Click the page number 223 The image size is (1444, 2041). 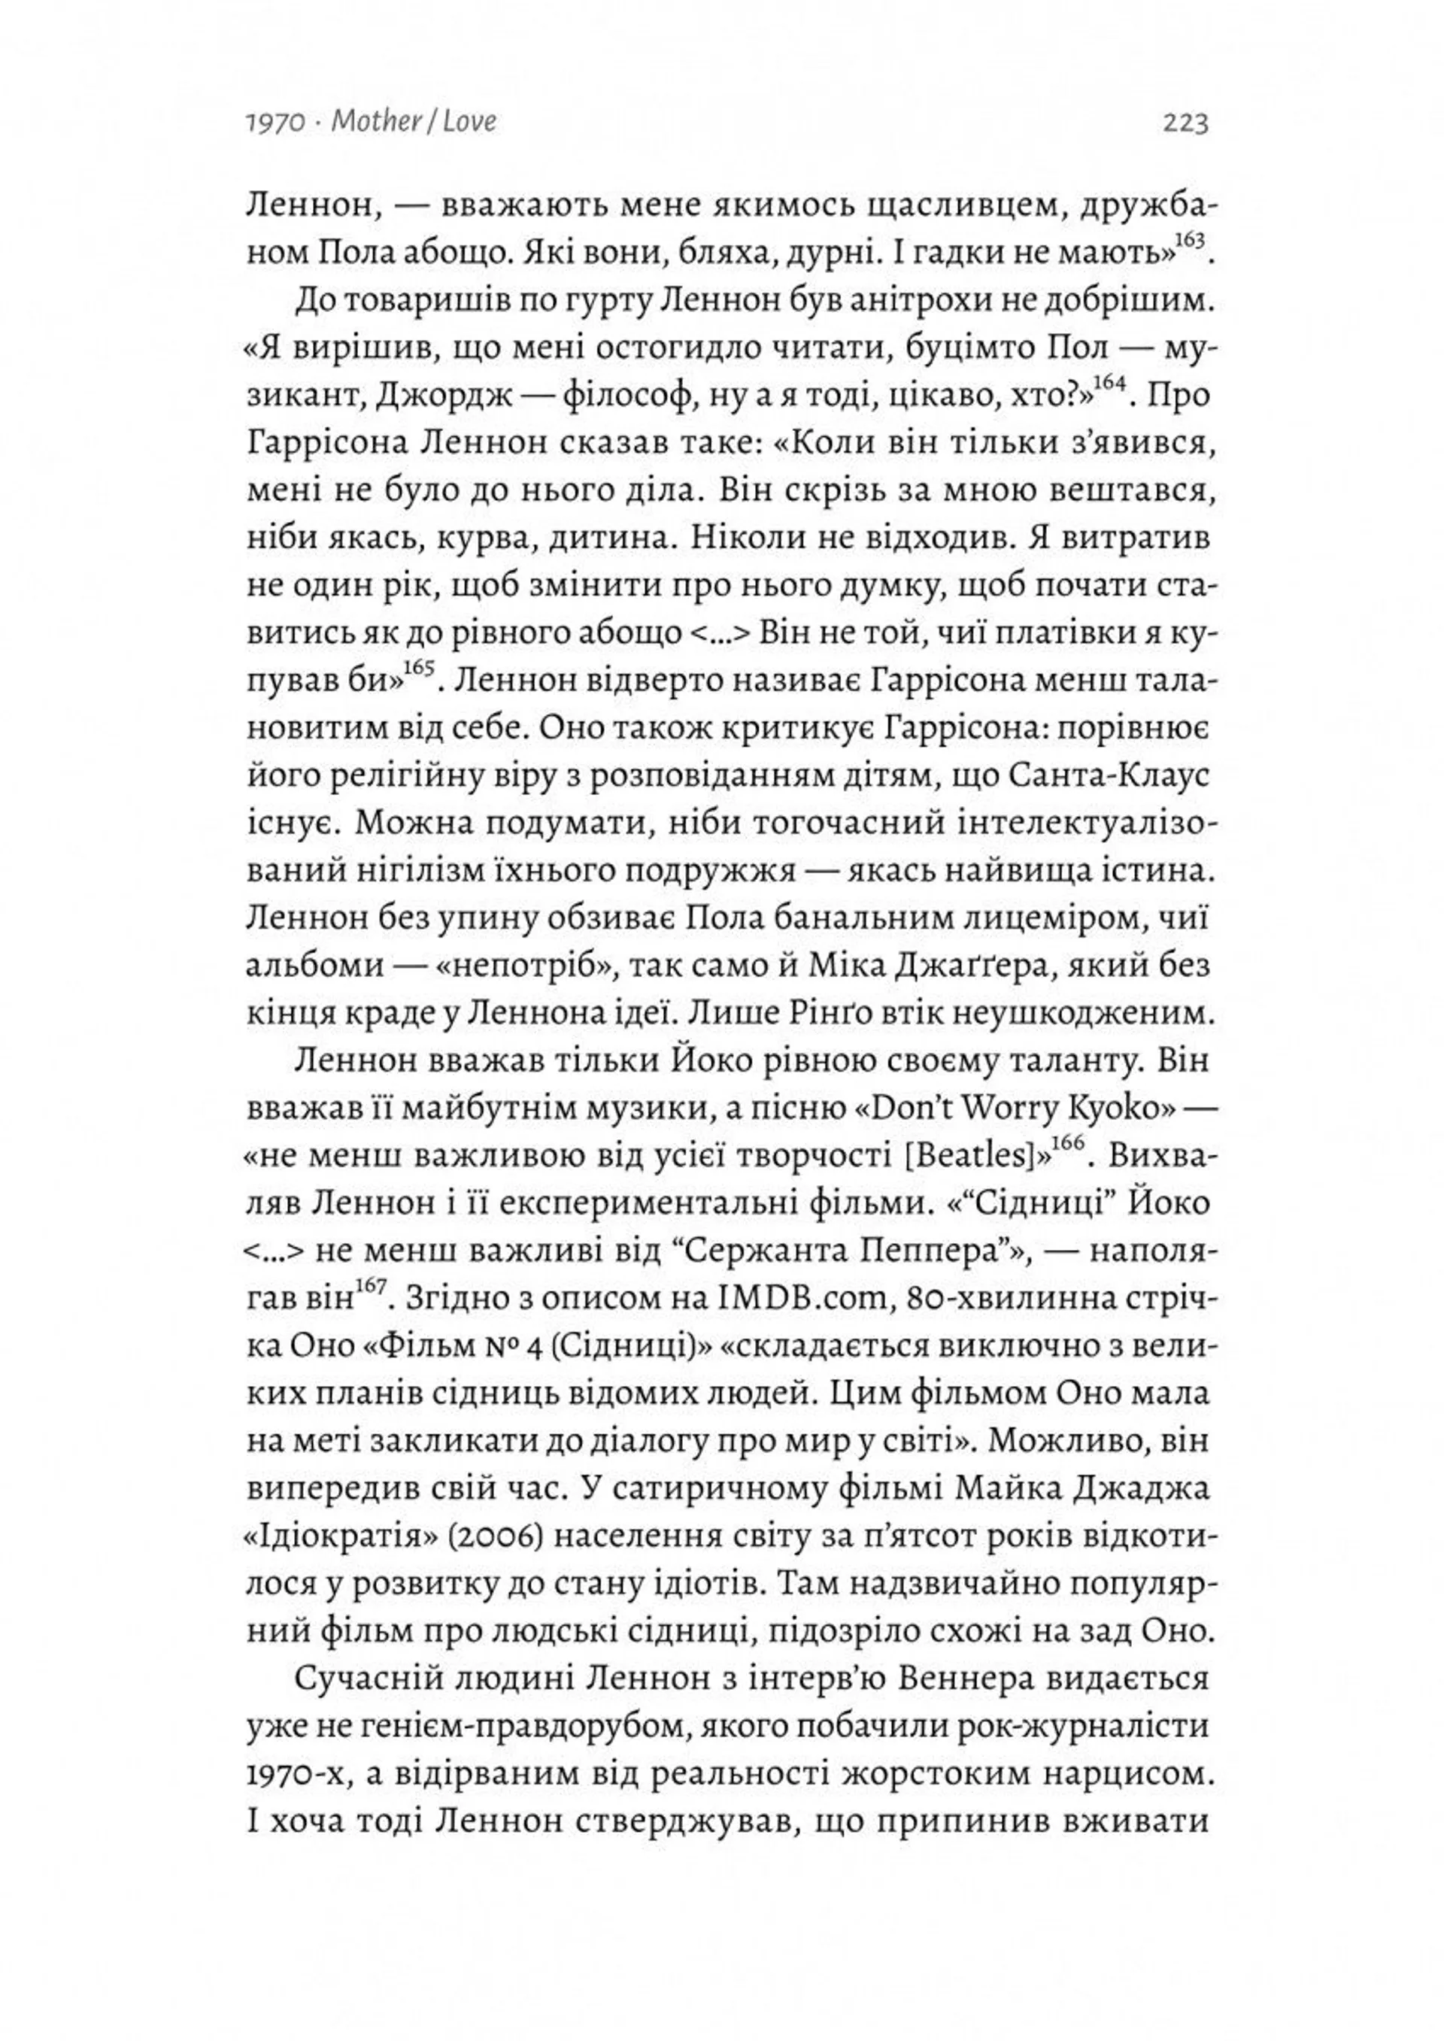(x=1185, y=122)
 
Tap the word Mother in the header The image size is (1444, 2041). (x=375, y=122)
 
